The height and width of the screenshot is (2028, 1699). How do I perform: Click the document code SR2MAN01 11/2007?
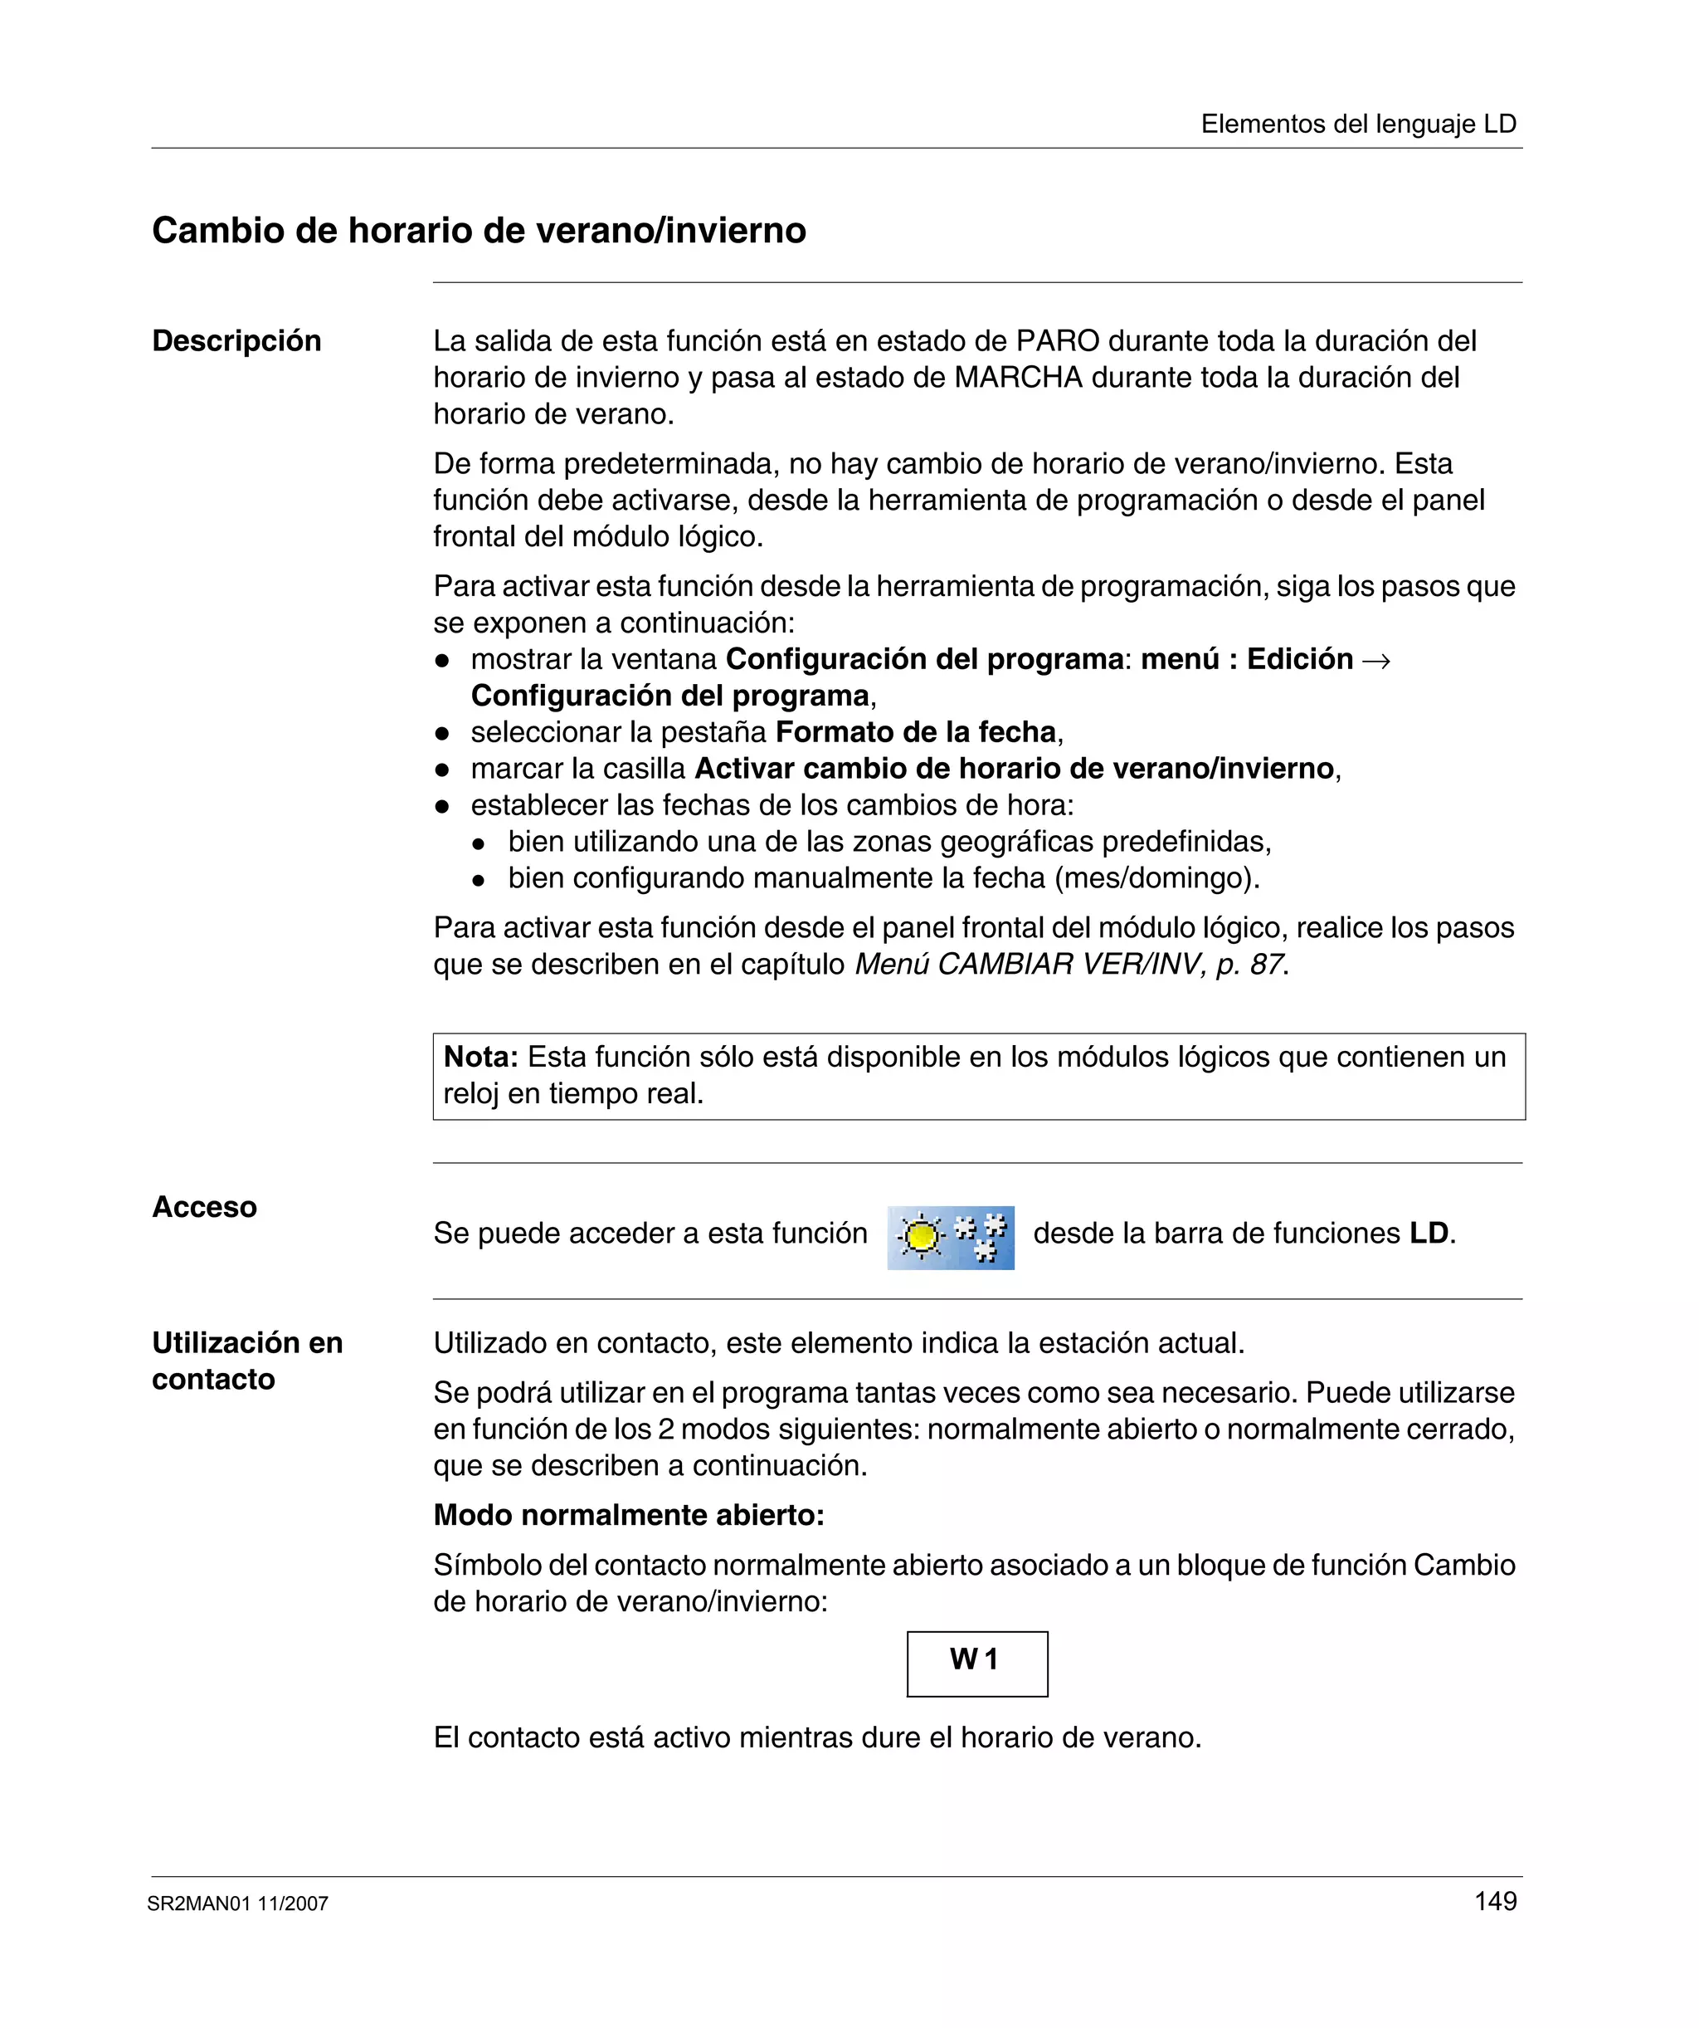click(237, 1903)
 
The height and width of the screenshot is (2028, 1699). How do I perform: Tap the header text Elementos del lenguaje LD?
click(1358, 124)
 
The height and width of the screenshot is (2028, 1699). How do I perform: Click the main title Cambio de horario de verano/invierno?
click(479, 231)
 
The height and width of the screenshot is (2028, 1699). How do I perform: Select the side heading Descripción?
click(236, 341)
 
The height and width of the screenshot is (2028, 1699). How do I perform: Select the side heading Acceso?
click(205, 1206)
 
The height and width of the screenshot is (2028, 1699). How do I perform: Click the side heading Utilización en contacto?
click(247, 1360)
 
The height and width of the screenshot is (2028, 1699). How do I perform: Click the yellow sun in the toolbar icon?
click(922, 1236)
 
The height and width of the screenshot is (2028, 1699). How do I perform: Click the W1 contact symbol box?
click(977, 1663)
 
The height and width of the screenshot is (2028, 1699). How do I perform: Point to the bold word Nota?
click(480, 1057)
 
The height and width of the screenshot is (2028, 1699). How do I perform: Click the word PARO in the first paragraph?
click(1057, 341)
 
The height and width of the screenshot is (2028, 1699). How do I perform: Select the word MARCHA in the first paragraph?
click(1019, 378)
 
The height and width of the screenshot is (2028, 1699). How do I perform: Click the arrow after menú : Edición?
click(1375, 661)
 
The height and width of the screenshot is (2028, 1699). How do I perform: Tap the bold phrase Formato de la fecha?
click(915, 732)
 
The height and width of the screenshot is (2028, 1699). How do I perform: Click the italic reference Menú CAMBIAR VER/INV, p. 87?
click(1069, 964)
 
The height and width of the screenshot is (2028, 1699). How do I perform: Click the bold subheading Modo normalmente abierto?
click(629, 1514)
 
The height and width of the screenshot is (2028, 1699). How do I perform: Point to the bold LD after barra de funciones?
click(1429, 1234)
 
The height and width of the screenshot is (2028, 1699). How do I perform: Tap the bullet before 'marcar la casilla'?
click(442, 770)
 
